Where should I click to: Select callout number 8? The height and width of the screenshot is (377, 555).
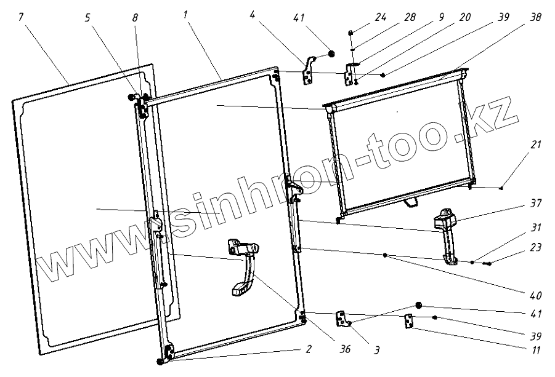coord(135,18)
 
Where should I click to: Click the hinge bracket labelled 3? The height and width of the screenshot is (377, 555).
coord(341,319)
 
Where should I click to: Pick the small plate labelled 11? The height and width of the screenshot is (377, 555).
coord(408,322)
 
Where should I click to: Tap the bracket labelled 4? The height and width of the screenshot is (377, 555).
coord(307,70)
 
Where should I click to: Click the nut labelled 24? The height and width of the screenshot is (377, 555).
coord(350,32)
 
